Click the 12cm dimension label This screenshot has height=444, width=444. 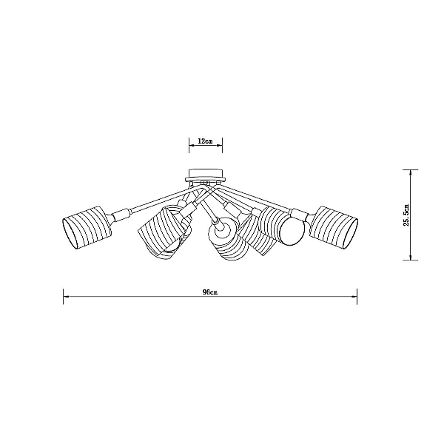[x=205, y=141]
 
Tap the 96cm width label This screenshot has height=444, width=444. [x=210, y=292]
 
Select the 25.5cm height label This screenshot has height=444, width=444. [x=406, y=215]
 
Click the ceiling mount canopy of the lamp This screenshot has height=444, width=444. [x=206, y=175]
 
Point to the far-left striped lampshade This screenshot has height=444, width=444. [x=87, y=227]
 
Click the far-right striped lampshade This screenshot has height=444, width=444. [x=333, y=226]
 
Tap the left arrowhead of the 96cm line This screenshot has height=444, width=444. [x=66, y=297]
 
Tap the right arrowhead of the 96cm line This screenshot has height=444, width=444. [x=354, y=297]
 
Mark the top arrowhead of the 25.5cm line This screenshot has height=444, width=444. [x=410, y=172]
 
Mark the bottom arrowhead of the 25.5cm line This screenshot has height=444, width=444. [x=410, y=257]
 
